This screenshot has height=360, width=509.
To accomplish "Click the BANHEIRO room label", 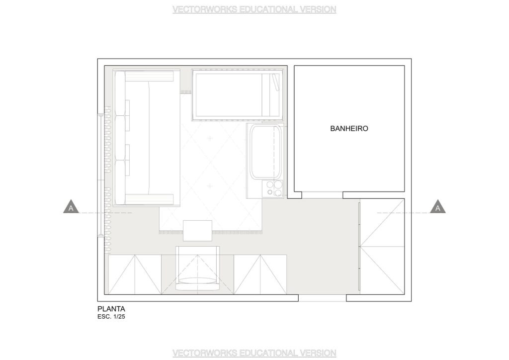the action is click(x=349, y=129).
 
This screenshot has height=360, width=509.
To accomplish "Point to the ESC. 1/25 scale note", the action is click(x=111, y=317).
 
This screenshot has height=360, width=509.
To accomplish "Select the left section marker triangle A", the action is click(x=71, y=207).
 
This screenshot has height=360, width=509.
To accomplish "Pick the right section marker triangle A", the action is click(x=437, y=207).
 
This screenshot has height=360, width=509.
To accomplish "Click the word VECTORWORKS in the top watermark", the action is click(x=204, y=9).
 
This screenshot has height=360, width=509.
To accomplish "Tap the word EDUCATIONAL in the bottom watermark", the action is click(x=268, y=353).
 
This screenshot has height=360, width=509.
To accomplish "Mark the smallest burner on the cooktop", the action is click(x=270, y=192).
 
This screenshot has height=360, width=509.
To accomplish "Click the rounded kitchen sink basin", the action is click(x=265, y=152).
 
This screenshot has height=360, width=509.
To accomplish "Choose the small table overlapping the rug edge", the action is click(x=197, y=231).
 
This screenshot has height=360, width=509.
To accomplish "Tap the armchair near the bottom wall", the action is click(x=197, y=269).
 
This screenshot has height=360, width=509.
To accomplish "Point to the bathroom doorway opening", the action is click(x=322, y=195).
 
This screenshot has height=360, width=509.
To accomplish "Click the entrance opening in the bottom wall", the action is click(x=322, y=298).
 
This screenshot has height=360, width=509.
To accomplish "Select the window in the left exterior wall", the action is click(x=101, y=175).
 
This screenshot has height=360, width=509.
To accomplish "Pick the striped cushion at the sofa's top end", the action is click(x=149, y=76).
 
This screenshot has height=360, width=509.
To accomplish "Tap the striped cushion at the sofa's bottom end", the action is click(x=149, y=199).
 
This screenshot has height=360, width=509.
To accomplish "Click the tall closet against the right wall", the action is click(x=382, y=247).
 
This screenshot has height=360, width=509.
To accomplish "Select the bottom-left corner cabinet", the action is click(x=135, y=274).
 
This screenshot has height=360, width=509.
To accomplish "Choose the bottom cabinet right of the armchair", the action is click(x=260, y=274).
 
